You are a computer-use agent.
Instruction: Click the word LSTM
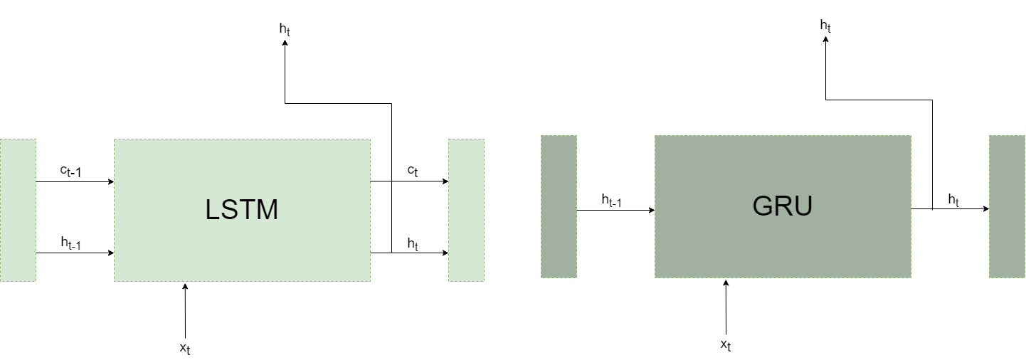242,210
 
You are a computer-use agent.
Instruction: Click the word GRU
783,206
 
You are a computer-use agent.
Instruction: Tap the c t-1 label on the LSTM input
75,171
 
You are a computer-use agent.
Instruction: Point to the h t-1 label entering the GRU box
612,201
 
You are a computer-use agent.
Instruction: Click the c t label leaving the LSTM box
413,171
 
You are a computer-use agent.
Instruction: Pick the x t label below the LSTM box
185,349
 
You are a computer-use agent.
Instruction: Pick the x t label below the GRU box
726,345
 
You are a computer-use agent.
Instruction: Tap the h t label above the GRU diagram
825,26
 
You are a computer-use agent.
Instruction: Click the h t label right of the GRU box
953,200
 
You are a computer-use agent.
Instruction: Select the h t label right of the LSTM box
413,243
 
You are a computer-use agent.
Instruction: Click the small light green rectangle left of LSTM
18,210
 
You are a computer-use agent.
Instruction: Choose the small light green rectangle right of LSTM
466,210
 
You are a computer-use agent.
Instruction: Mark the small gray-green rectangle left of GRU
559,206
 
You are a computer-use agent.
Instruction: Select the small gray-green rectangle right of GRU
1007,206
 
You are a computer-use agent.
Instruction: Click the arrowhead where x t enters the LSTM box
185,286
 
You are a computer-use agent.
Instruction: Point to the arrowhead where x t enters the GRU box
726,282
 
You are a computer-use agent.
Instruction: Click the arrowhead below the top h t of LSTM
285,44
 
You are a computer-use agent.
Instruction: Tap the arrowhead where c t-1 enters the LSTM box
110,181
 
